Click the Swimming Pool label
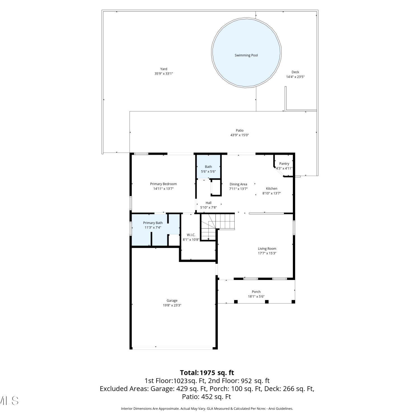(246, 55)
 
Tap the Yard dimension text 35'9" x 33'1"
(164, 74)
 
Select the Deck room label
(295, 72)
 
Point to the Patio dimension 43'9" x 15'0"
(240, 135)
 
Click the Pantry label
(284, 164)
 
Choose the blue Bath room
(208, 167)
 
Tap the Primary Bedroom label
(164, 184)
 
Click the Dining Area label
(238, 184)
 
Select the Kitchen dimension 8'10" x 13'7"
(272, 193)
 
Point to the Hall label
(209, 203)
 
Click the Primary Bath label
(153, 223)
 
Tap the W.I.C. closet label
(191, 235)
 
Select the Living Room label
(267, 249)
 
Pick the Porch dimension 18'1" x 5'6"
(256, 297)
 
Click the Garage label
(172, 301)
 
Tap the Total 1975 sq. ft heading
(207, 373)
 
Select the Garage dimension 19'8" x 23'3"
(172, 305)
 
